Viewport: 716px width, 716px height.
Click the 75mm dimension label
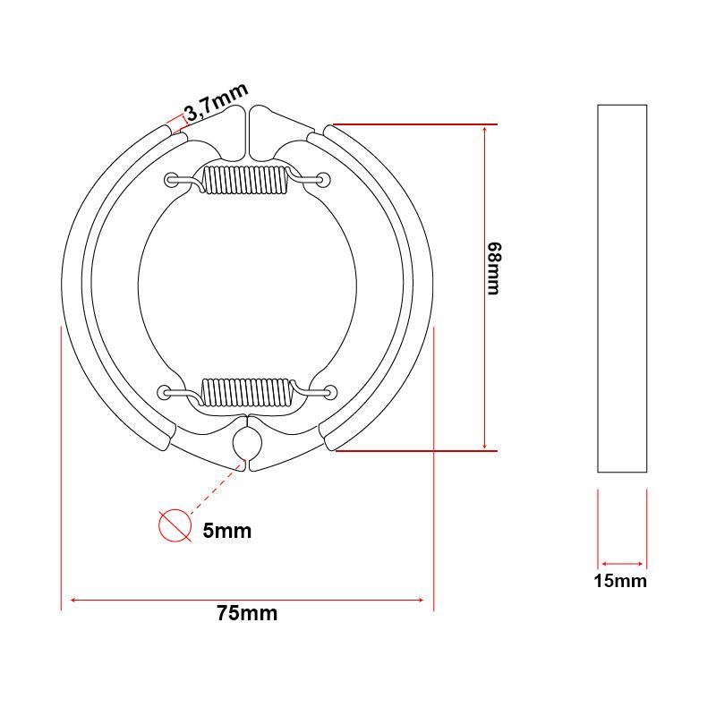click(x=247, y=614)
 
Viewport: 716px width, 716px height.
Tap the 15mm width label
click(x=620, y=581)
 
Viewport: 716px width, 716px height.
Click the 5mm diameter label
click(x=226, y=531)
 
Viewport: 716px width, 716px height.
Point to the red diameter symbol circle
click(x=175, y=526)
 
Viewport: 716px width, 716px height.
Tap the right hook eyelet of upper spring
click(x=323, y=181)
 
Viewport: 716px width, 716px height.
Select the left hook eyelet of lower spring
click(x=165, y=391)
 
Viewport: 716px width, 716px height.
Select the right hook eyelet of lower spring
click(x=330, y=391)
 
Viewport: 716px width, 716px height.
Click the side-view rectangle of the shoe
click(x=621, y=287)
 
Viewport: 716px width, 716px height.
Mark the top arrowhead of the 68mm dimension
click(x=484, y=128)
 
